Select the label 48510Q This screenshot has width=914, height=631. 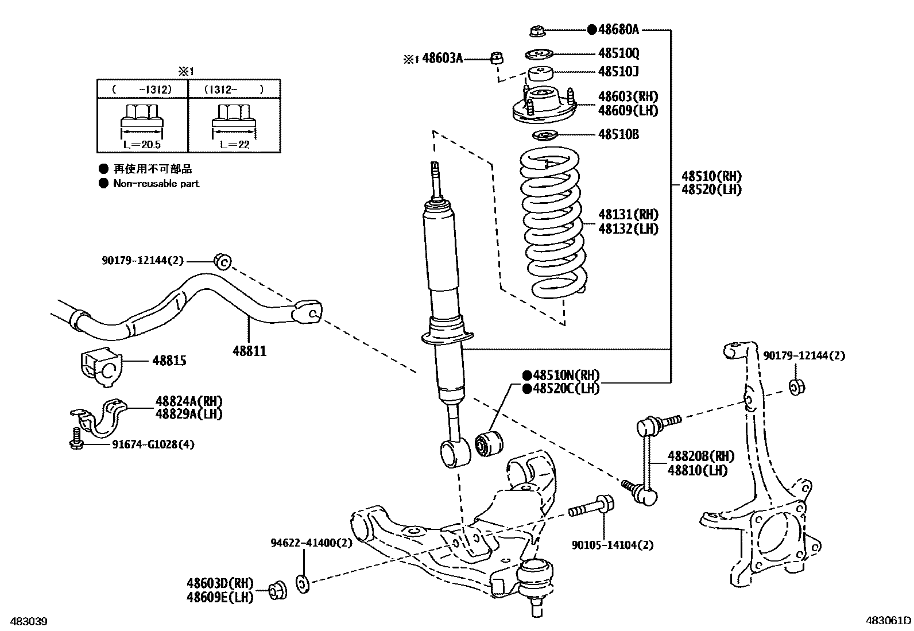tap(618, 53)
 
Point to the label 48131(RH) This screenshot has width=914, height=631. tap(628, 215)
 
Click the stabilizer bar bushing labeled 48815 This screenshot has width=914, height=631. tap(99, 363)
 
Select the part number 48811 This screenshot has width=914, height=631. tap(250, 350)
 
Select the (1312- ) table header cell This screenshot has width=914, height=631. tap(234, 90)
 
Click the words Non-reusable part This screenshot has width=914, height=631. tap(156, 184)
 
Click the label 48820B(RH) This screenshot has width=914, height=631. tap(700, 456)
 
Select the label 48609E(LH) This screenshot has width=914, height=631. tap(220, 598)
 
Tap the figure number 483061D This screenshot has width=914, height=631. tap(888, 621)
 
